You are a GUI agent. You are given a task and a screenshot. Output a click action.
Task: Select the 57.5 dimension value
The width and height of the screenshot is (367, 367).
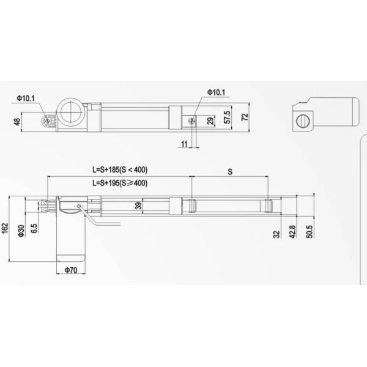point(228,116)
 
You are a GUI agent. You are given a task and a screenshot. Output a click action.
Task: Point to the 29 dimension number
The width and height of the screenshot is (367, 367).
point(211,121)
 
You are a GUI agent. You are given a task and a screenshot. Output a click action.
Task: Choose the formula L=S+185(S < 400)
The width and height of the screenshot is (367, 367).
point(120,169)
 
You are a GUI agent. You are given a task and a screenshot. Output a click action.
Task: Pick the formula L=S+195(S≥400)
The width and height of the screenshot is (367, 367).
point(120,182)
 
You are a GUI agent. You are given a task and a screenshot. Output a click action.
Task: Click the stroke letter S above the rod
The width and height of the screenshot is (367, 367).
point(229,172)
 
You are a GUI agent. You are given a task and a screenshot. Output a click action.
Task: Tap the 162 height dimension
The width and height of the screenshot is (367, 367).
point(6,228)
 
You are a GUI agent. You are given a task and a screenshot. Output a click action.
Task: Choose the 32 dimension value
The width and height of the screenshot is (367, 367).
point(276,234)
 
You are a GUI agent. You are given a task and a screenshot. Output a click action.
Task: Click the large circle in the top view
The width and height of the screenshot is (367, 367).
point(70,113)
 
